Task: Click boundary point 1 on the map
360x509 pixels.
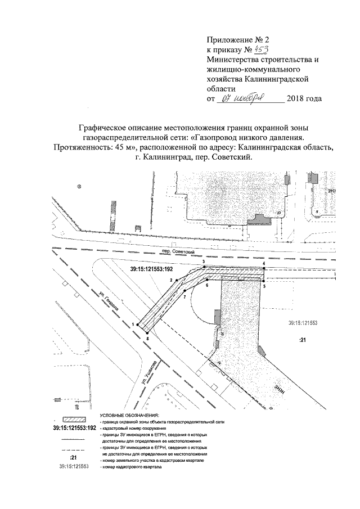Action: (137, 325)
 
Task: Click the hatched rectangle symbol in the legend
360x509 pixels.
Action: (73, 420)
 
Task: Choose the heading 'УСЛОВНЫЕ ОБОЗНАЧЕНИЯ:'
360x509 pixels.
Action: (127, 414)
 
